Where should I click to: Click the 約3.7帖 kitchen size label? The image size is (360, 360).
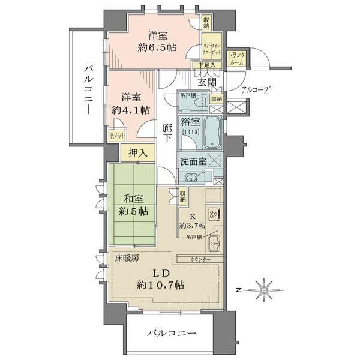click(x=192, y=225)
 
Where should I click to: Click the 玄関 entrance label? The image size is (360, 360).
click(x=209, y=82)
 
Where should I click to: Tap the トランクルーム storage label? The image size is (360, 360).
click(x=236, y=58)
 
